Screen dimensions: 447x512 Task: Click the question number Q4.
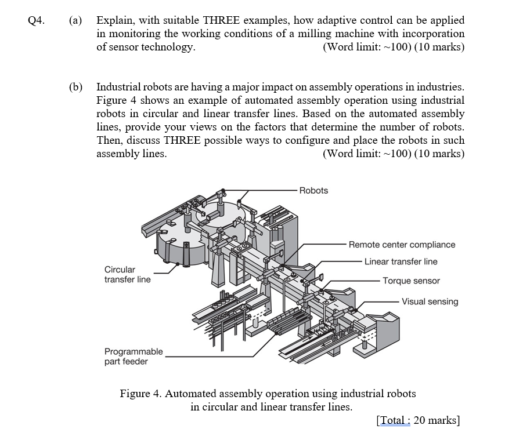click(x=35, y=21)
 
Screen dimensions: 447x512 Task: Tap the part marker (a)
click(x=75, y=21)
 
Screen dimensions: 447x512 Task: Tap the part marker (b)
click(x=75, y=87)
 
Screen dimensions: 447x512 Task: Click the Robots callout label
click(x=313, y=190)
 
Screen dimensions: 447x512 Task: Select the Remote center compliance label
click(x=402, y=245)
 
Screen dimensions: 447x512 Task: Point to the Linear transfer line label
click(x=401, y=261)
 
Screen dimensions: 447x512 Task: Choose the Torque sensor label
click(x=411, y=281)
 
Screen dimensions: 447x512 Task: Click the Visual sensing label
click(x=430, y=301)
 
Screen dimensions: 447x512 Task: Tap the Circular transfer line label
click(x=127, y=274)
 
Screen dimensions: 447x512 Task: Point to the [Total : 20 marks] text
click(x=418, y=420)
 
